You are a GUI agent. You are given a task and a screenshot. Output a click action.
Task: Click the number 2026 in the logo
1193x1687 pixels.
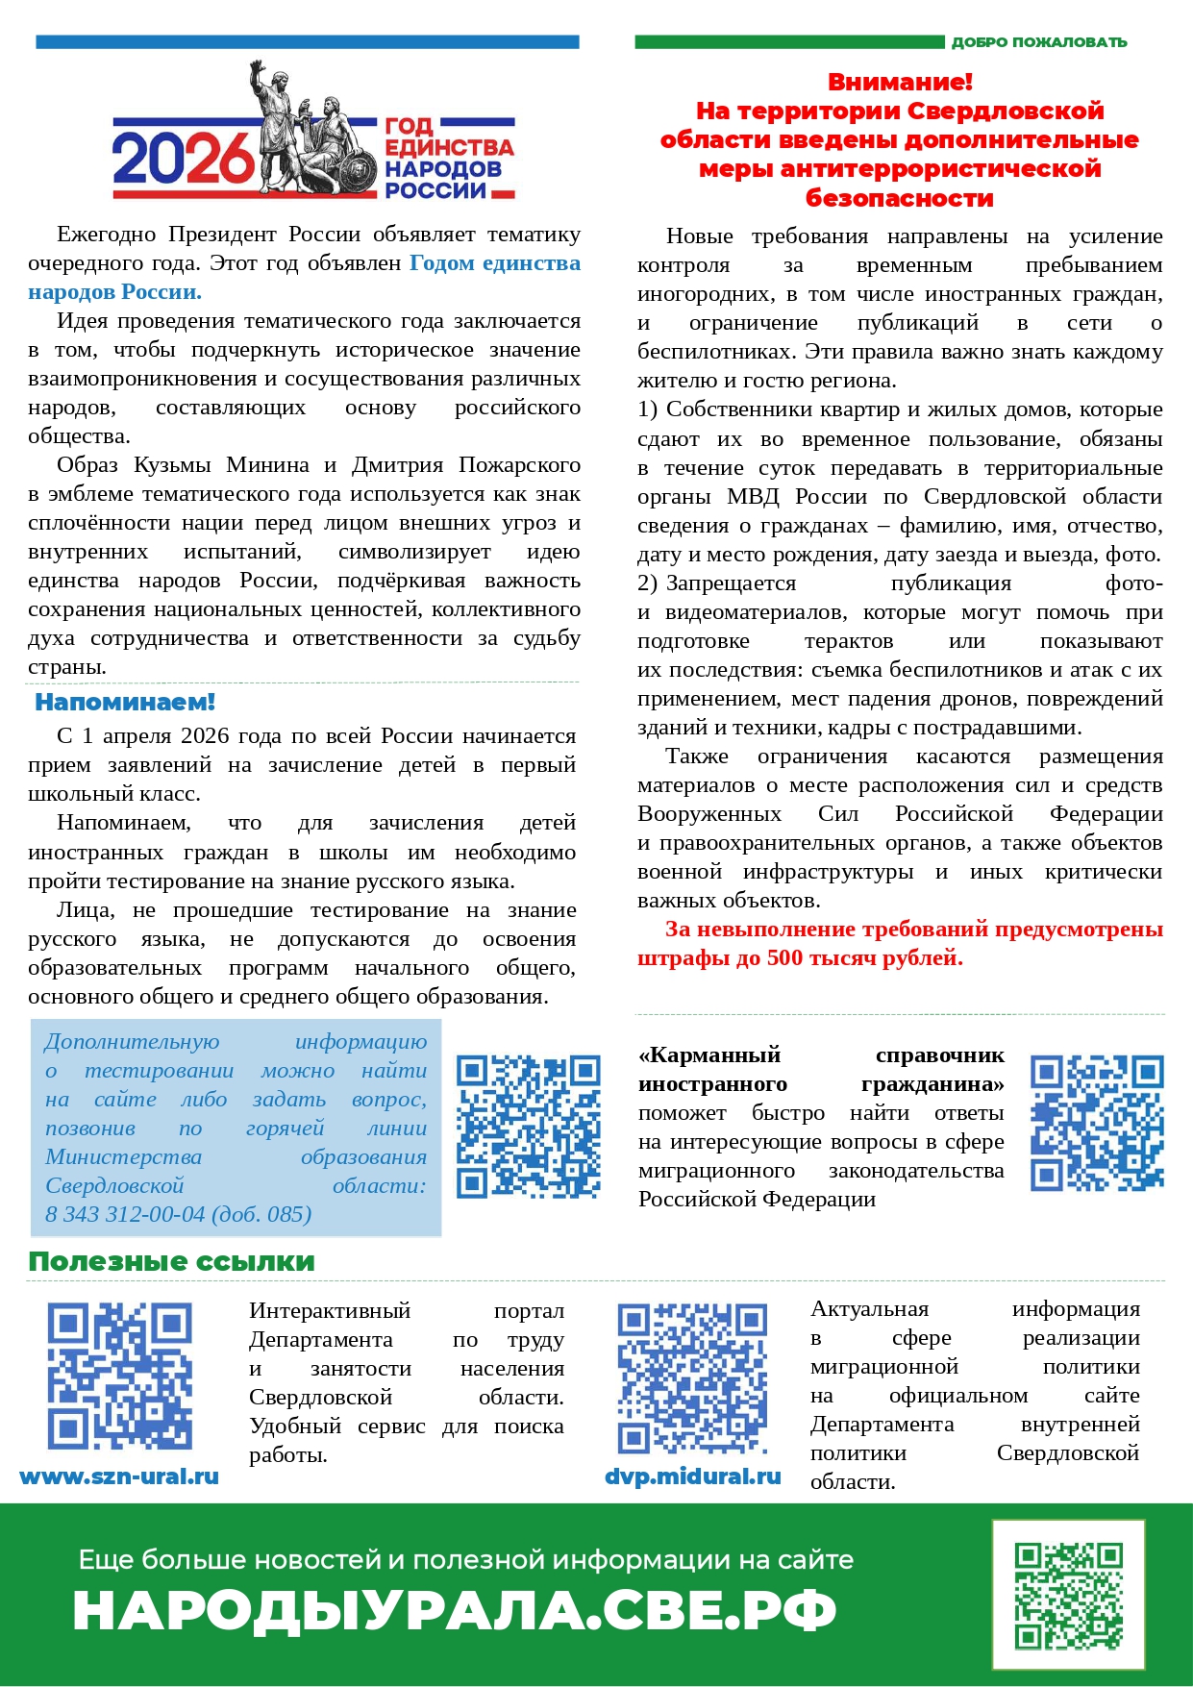pos(183,159)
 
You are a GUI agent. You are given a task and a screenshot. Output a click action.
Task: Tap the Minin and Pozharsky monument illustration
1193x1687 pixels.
pos(308,130)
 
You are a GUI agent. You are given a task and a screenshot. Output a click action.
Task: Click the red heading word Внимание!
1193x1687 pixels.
pos(900,83)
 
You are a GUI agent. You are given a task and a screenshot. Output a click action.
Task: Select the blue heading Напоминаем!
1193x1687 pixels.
pos(125,703)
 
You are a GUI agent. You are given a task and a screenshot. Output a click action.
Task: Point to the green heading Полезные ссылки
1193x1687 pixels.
pos(171,1262)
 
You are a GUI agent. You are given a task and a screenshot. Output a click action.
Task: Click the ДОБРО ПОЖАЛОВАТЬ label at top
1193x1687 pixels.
pos(1038,42)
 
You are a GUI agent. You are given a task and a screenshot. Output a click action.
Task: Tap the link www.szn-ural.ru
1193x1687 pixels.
pos(119,1476)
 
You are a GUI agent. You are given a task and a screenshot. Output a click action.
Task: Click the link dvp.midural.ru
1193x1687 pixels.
pos(692,1476)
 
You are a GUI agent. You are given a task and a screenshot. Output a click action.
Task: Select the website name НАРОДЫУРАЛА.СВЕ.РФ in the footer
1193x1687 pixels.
pos(454,1610)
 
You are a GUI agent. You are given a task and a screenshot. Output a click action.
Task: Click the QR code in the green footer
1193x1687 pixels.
pos(1068,1595)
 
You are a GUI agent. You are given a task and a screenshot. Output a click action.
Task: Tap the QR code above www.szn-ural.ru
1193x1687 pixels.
pos(119,1377)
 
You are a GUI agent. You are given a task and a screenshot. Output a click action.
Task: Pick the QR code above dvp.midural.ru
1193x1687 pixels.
pos(692,1377)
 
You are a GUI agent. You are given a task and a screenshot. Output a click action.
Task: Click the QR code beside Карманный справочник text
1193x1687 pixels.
pos(1097,1123)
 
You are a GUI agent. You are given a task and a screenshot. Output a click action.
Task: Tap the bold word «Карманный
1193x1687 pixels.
pos(709,1055)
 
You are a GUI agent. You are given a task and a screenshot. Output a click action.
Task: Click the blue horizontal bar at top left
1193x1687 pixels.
pos(308,42)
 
